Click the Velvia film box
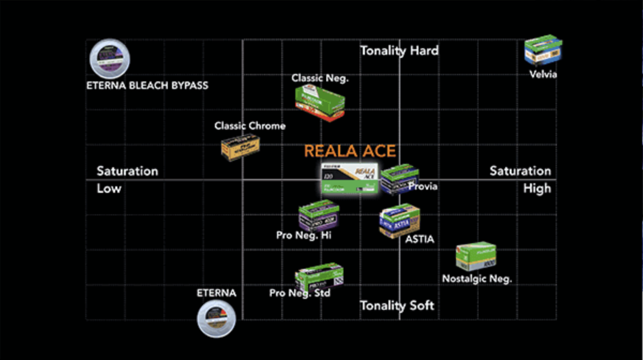543,51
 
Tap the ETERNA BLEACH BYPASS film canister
109,59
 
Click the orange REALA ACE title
350,152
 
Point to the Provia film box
399,179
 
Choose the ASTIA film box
399,221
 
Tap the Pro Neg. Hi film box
318,217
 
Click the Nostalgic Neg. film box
476,256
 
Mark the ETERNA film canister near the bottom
216,317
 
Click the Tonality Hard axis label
399,51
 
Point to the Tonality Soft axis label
397,305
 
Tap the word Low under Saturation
109,189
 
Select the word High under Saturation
537,189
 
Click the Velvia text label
543,75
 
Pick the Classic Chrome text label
250,126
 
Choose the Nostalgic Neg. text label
476,279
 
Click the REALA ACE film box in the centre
347,179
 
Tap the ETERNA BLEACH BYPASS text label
147,85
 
